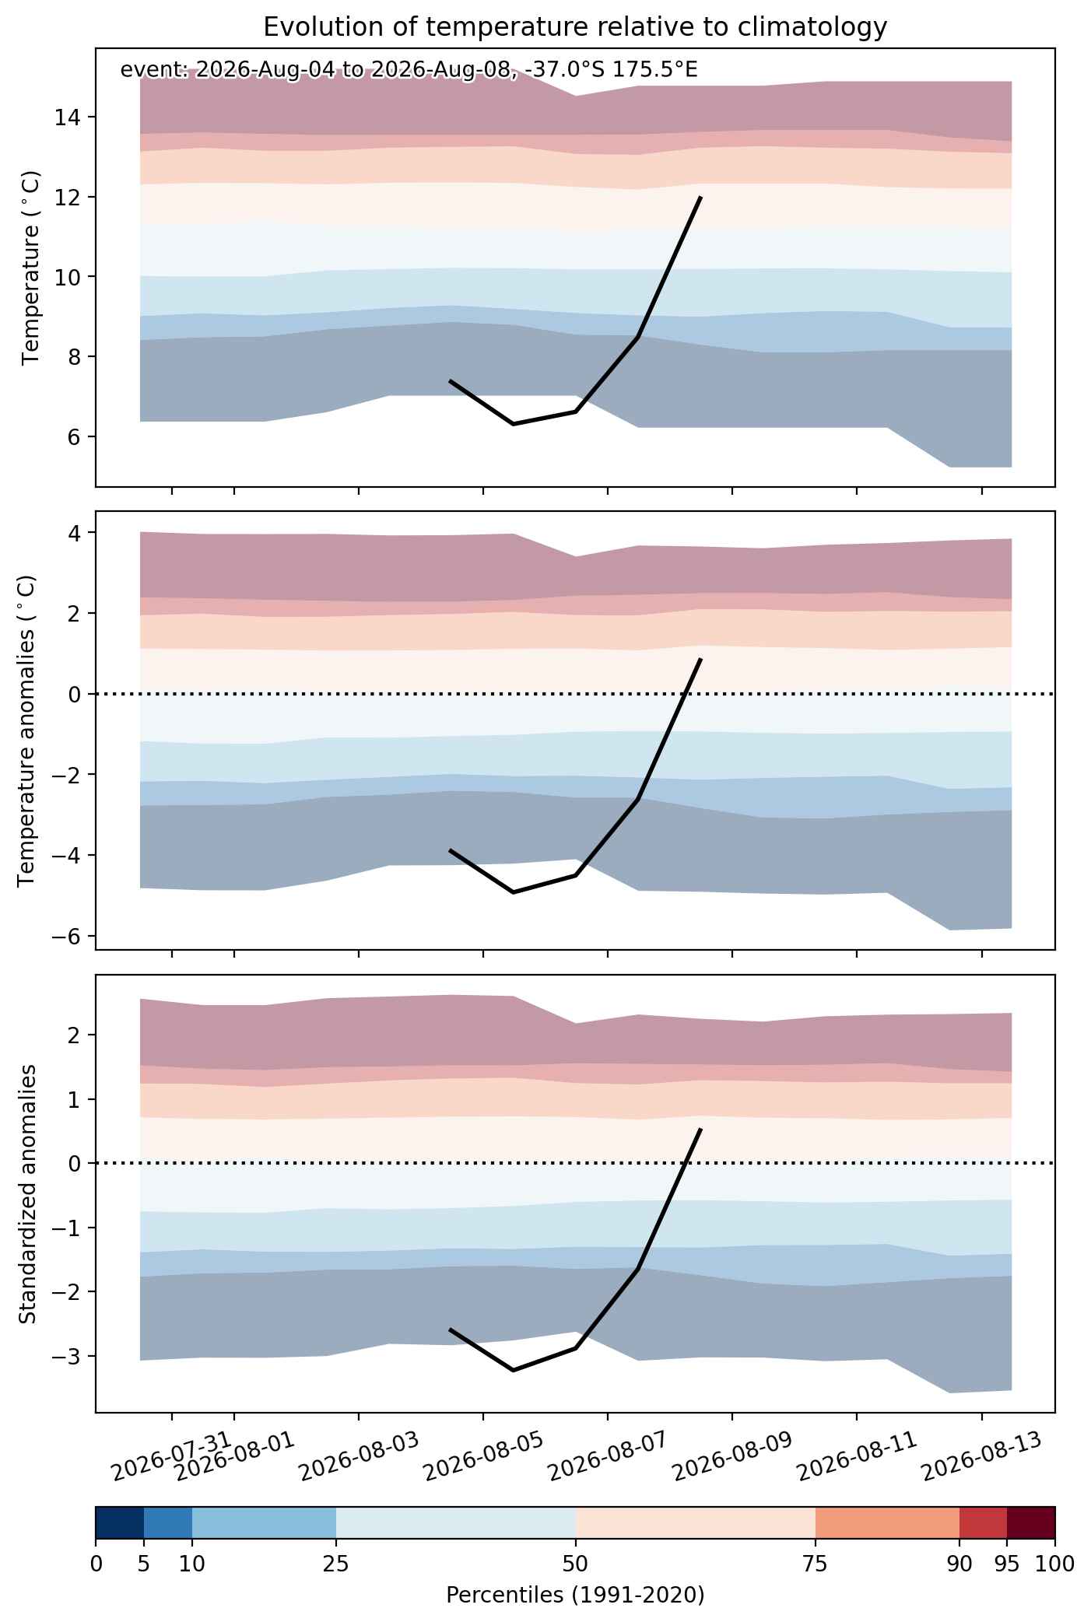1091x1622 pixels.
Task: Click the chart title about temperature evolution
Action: pos(575,27)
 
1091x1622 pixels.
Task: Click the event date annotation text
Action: pos(409,70)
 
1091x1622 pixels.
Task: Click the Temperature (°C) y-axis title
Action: pos(31,268)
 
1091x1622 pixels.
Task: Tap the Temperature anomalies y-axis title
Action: pos(27,730)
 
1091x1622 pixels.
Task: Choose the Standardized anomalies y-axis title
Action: pos(27,1193)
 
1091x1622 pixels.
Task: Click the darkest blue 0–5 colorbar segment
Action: pos(120,1523)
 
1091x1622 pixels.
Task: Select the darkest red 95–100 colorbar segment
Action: pos(1031,1523)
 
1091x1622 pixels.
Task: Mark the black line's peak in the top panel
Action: pos(701,197)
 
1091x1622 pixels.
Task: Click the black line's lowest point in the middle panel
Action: pos(514,892)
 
